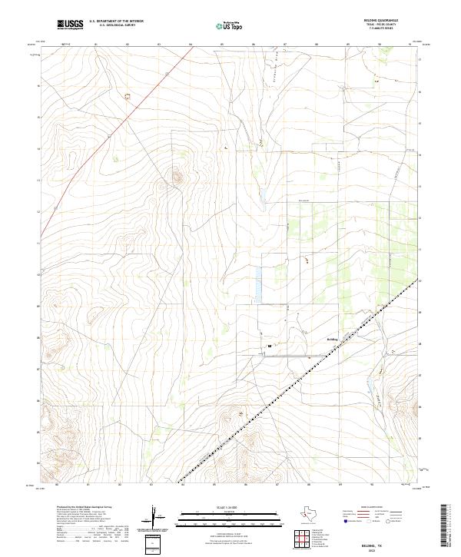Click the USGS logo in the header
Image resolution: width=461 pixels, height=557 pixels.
(71, 25)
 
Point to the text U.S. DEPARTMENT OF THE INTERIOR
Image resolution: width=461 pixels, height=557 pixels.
(116, 22)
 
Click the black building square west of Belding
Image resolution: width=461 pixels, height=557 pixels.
(270, 346)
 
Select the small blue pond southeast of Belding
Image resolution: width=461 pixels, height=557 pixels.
(370, 382)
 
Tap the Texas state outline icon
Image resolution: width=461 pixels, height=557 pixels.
(316, 514)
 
